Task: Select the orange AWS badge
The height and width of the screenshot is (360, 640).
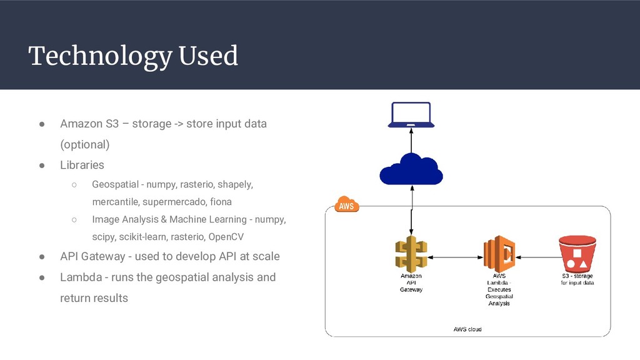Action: click(347, 205)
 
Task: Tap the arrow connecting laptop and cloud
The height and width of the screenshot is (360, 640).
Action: click(411, 138)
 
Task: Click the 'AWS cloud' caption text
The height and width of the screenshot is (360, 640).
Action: click(467, 329)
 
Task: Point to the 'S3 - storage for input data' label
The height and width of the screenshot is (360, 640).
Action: click(577, 279)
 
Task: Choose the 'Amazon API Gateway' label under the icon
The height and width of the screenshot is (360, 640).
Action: click(411, 282)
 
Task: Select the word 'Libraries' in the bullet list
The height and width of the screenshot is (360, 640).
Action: click(82, 166)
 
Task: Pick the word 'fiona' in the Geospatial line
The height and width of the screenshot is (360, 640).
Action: click(221, 202)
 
